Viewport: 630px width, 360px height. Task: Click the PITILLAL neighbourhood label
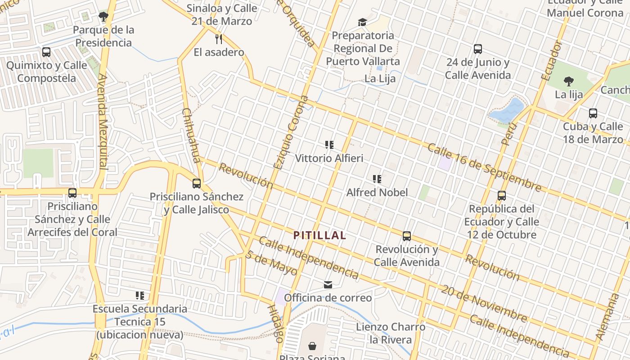(x=319, y=235)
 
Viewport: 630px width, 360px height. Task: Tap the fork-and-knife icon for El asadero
(x=219, y=39)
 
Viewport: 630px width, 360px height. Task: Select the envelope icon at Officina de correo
(x=328, y=284)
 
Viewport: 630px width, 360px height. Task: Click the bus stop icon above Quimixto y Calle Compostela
(x=46, y=52)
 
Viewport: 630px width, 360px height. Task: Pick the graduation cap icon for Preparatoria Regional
(x=362, y=22)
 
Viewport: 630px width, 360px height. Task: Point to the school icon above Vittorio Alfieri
(x=329, y=145)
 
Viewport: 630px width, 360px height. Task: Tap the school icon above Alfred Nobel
(x=377, y=179)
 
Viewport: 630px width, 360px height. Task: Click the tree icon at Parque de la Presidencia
(x=103, y=17)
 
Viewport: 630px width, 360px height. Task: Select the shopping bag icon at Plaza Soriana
(x=312, y=346)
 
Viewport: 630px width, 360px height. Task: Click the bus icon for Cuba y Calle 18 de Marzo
(x=593, y=113)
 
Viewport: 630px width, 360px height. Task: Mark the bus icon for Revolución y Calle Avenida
(x=407, y=236)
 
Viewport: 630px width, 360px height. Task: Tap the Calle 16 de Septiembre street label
(x=484, y=167)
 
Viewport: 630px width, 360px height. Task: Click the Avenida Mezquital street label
(x=103, y=121)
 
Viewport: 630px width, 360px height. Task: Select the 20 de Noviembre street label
(x=484, y=304)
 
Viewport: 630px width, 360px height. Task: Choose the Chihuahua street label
(x=191, y=135)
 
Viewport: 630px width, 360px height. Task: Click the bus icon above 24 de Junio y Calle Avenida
(x=478, y=49)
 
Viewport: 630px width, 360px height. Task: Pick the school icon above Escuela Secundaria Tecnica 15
(x=140, y=296)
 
